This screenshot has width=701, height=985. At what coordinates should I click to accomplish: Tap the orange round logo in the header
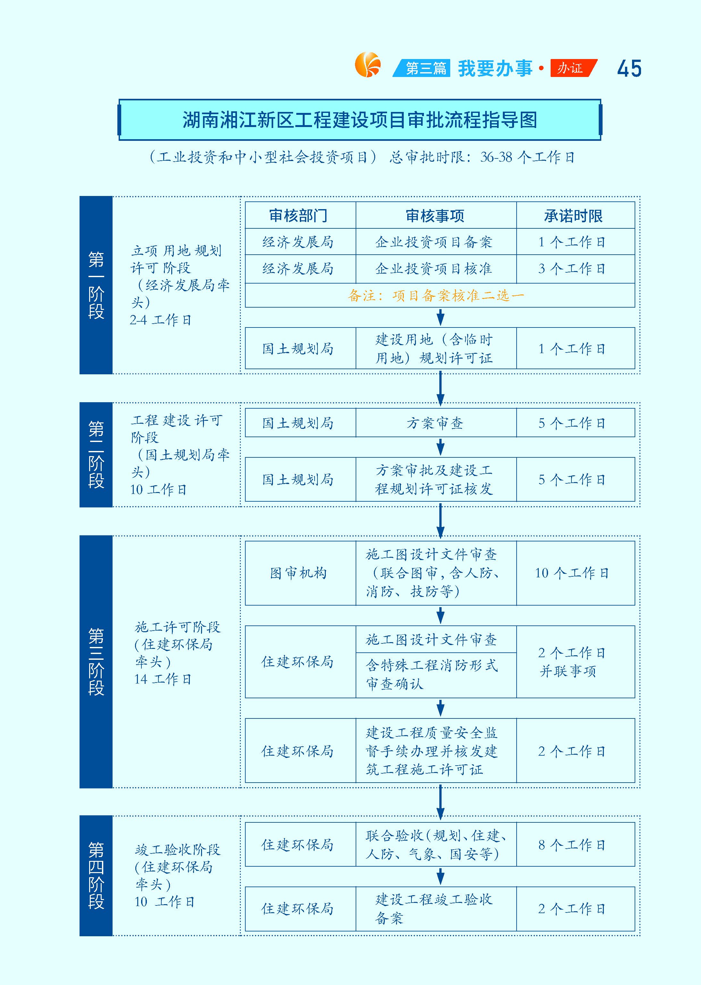pyautogui.click(x=368, y=65)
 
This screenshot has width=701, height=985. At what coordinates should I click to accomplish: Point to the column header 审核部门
pyautogui.click(x=298, y=216)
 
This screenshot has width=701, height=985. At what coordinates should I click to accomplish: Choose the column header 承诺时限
pyautogui.click(x=574, y=216)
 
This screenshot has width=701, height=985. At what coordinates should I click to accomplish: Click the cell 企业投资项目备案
pyautogui.click(x=434, y=242)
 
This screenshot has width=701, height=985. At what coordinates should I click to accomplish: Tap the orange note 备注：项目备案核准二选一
pyautogui.click(x=436, y=296)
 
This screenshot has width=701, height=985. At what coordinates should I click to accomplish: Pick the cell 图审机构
pyautogui.click(x=298, y=573)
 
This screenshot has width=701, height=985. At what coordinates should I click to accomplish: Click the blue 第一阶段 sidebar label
pyautogui.click(x=96, y=285)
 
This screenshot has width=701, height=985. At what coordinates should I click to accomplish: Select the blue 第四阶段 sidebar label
pyautogui.click(x=96, y=875)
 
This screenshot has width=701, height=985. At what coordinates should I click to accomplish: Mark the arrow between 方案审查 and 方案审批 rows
pyautogui.click(x=440, y=447)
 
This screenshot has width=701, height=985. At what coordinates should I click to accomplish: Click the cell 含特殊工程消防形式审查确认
pyautogui.click(x=432, y=674)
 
